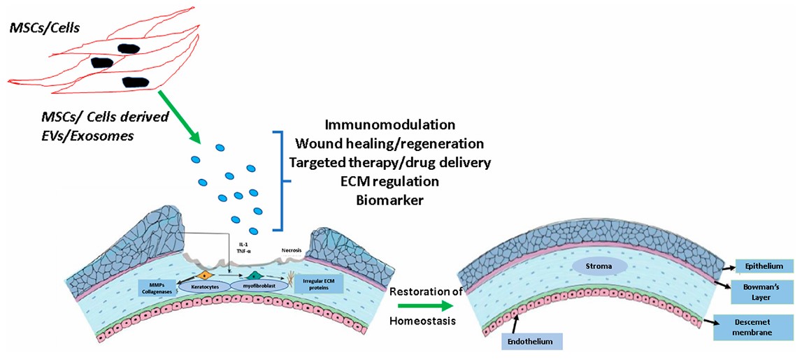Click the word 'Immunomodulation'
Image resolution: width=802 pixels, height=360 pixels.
click(389, 125)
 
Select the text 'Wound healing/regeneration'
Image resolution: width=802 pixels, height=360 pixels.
click(389, 144)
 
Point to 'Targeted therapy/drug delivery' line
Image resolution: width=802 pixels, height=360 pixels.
click(389, 163)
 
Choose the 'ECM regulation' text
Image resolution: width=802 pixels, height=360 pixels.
click(389, 182)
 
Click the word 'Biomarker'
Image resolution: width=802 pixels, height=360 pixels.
click(389, 201)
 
